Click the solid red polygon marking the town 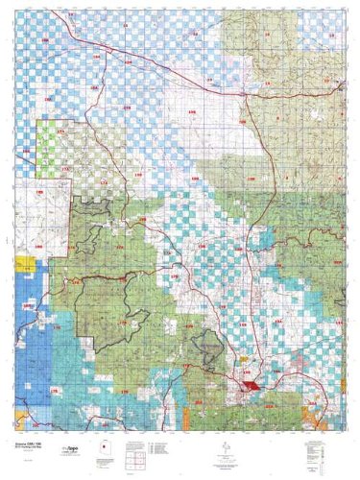(251, 382)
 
